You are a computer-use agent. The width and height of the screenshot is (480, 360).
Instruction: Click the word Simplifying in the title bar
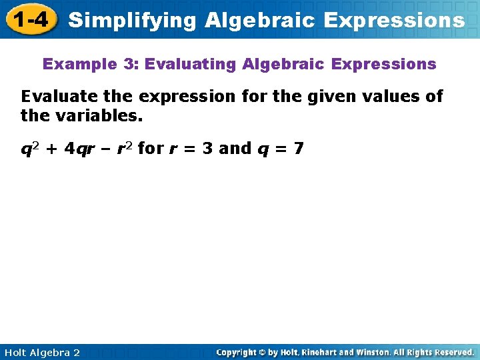(x=132, y=20)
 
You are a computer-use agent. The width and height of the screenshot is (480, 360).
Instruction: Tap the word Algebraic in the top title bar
(x=259, y=20)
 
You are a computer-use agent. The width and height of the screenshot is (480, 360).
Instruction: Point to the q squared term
(x=31, y=148)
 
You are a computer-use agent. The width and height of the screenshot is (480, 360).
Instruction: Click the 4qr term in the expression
(x=80, y=148)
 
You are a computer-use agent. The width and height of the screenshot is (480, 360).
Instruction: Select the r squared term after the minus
(x=125, y=148)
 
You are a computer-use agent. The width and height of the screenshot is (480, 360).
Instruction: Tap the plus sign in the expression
(x=53, y=149)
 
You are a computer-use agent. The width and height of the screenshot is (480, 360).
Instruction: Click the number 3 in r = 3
(x=207, y=148)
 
